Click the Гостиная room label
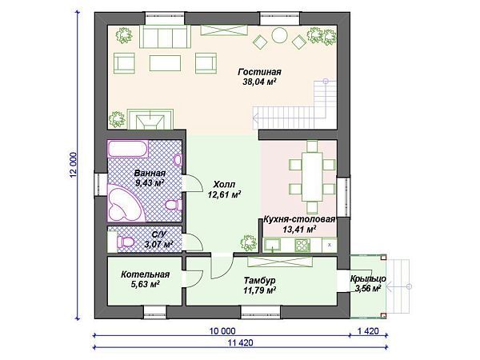tap(259, 72)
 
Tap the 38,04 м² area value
tap(259, 82)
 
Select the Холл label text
tap(224, 185)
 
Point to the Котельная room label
tap(145, 274)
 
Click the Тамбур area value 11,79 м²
tap(259, 290)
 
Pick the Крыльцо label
tap(368, 279)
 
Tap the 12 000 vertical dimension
tap(73, 165)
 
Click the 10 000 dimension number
tap(222, 331)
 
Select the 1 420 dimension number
tap(368, 331)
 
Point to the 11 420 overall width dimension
tap(240, 342)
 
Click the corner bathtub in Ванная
tap(125, 203)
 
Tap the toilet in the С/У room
tap(126, 242)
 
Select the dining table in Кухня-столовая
tap(312, 176)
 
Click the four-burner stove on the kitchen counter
tap(302, 245)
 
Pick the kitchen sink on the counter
tap(273, 245)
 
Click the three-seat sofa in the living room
tap(165, 37)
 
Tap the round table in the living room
tap(279, 35)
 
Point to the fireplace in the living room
tap(150, 119)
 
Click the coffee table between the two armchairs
tap(165, 63)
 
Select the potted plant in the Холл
tap(248, 242)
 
